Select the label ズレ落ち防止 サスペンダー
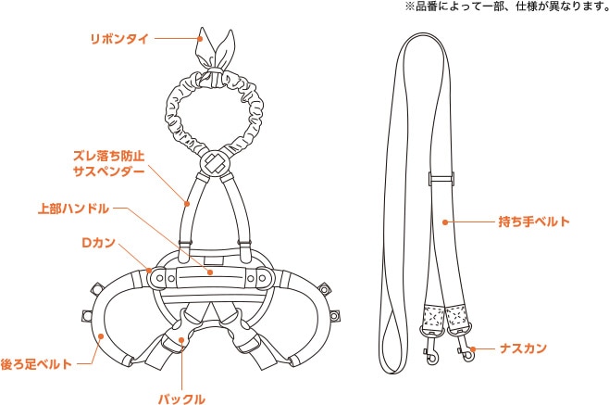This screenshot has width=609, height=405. click(x=108, y=164)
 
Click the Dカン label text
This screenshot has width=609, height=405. click(x=99, y=242)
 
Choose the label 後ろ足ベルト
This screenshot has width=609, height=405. click(x=36, y=363)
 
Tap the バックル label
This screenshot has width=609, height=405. click(x=180, y=397)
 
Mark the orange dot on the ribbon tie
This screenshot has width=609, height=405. click(x=205, y=39)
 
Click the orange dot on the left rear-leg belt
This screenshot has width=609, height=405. click(x=99, y=335)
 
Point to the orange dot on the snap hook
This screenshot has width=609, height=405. click(x=471, y=350)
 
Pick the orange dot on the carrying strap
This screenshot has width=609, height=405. click(x=445, y=221)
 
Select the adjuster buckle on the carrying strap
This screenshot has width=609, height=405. click(x=441, y=178)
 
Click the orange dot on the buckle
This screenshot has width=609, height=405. click(x=182, y=339)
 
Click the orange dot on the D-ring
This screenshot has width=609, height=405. click(x=150, y=271)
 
